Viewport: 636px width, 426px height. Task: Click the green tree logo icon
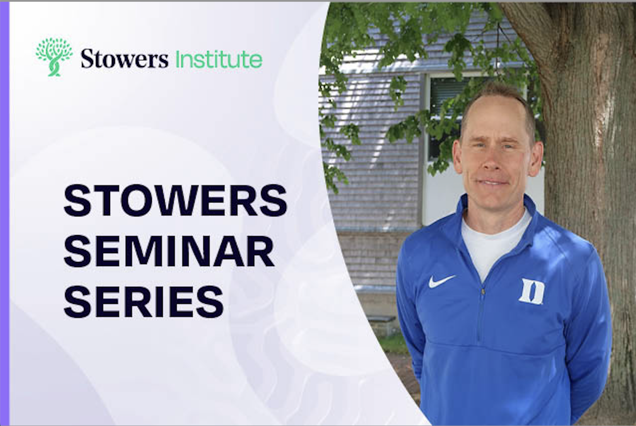(54, 57)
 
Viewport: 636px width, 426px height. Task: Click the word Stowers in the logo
(124, 58)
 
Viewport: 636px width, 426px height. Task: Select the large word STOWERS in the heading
(175, 200)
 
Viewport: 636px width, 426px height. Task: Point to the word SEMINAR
(169, 251)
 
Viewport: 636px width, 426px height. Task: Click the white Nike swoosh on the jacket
(441, 281)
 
